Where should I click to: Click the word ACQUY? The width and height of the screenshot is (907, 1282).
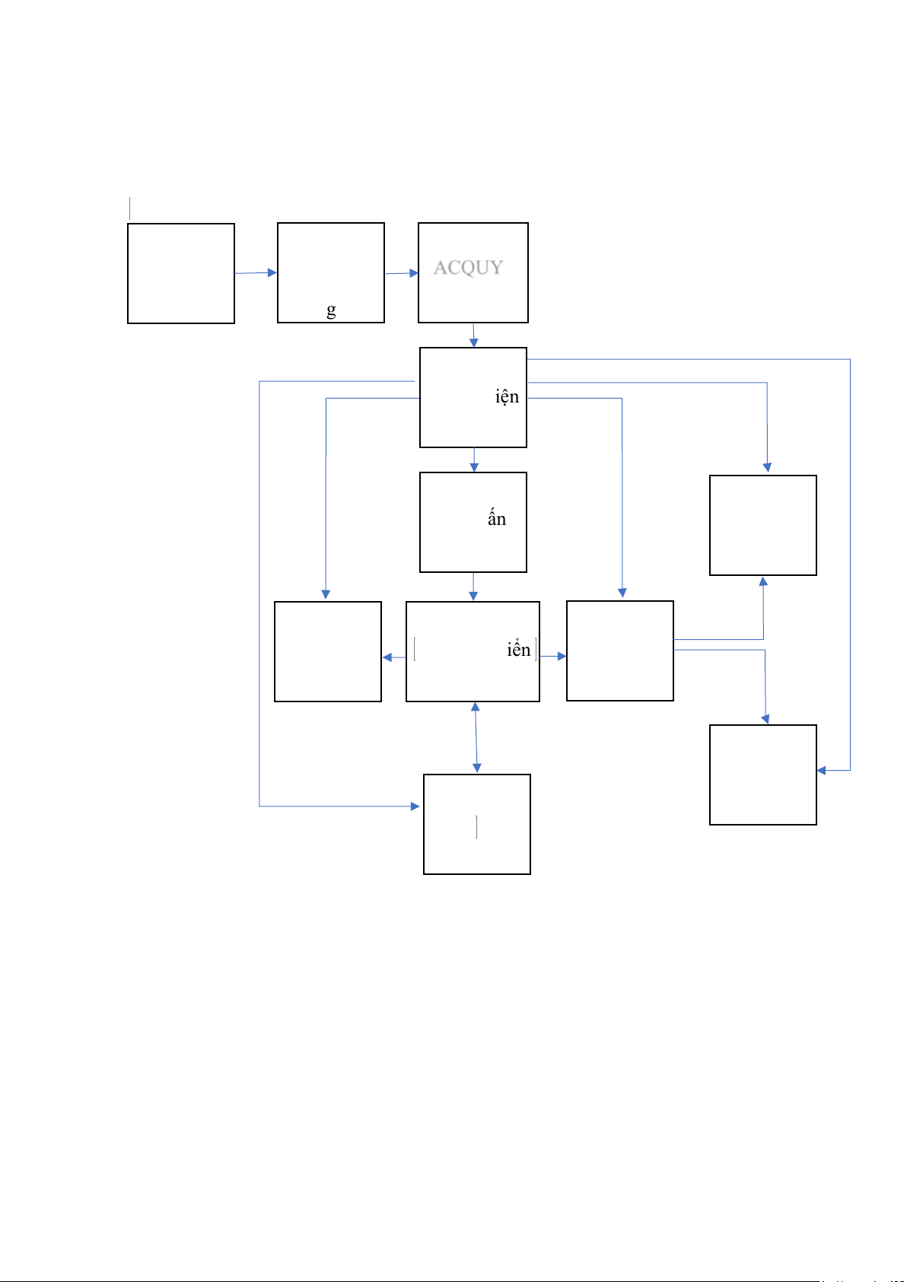pos(468,268)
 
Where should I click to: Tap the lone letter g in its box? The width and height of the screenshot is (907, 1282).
pos(331,310)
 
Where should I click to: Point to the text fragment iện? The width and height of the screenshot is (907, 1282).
pos(507,397)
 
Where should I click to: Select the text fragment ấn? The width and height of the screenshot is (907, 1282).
pos(497,520)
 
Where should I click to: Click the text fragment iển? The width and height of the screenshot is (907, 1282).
pos(518,651)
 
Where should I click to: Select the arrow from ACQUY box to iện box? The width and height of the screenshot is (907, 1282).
pos(473,336)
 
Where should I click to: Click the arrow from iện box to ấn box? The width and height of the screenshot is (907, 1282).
pos(473,460)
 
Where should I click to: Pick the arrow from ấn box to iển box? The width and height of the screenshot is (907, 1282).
pos(473,587)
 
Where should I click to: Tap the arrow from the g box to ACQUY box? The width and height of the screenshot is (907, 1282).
pos(402,273)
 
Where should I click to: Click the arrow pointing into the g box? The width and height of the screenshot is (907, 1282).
pos(256,272)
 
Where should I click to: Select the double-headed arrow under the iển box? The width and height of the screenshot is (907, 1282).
pos(476,737)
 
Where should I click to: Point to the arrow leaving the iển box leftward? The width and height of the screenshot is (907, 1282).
pos(393,657)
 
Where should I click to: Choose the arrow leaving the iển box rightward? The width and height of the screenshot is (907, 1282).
pos(553,656)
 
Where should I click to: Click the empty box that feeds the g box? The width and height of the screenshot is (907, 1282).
pos(181,274)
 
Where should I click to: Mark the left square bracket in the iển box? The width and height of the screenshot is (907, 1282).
pos(415,651)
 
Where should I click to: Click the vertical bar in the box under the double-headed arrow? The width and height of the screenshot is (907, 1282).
pos(476,826)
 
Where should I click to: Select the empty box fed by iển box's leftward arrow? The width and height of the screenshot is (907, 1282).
pos(328,652)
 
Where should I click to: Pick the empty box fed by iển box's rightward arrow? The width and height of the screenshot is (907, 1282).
pos(620,651)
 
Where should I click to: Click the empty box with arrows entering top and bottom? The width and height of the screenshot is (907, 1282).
pos(763,526)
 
